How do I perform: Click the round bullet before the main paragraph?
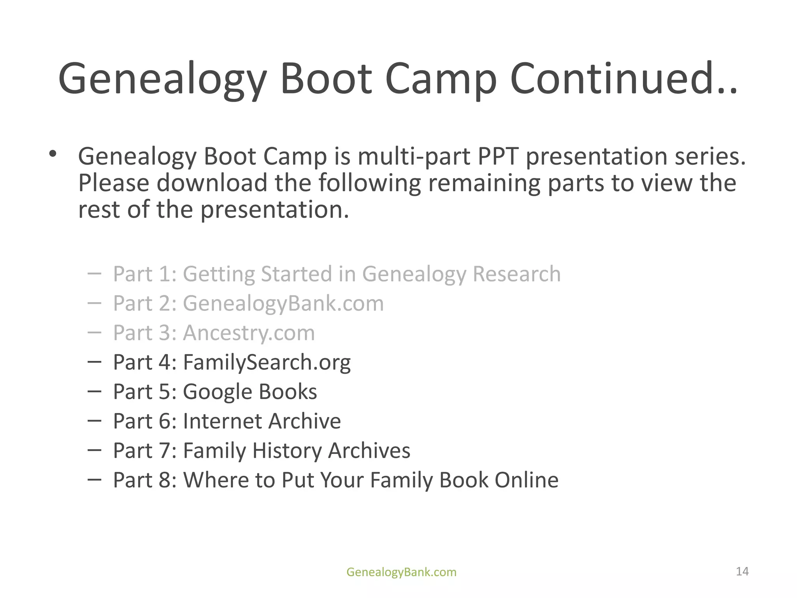point(53,154)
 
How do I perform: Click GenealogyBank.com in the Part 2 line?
point(283,303)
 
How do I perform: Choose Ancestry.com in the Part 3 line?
point(249,333)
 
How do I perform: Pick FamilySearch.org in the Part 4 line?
point(267,362)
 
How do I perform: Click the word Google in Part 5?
point(217,392)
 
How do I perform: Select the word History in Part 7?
point(286,450)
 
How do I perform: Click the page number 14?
point(742,571)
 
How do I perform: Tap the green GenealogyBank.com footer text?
point(401,572)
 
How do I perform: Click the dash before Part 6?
point(95,420)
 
